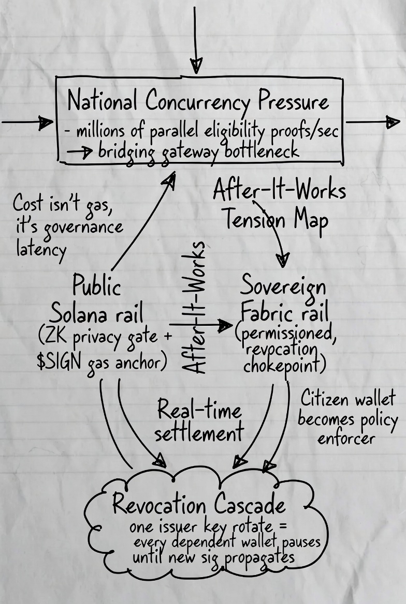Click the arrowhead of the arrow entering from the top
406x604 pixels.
pos(196,65)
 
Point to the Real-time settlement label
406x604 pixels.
pos(199,421)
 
